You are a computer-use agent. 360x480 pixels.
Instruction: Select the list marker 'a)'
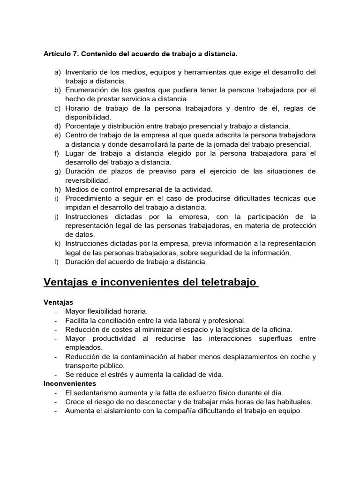[58, 72]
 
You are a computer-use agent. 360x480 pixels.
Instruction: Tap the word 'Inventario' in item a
[82, 72]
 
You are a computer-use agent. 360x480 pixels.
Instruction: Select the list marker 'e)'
[58, 135]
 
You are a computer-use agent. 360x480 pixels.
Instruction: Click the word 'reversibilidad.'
[88, 180]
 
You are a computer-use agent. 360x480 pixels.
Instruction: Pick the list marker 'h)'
[58, 189]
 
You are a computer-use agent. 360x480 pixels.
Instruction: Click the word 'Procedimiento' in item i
[88, 198]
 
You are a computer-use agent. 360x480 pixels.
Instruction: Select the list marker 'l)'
[57, 262]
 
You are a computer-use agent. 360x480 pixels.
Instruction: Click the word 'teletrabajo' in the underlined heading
[227, 282]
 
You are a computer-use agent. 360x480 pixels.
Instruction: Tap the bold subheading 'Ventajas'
[58, 302]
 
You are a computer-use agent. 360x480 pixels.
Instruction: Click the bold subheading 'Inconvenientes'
[69, 383]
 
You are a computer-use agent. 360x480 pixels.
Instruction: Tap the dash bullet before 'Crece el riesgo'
[56, 402]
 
